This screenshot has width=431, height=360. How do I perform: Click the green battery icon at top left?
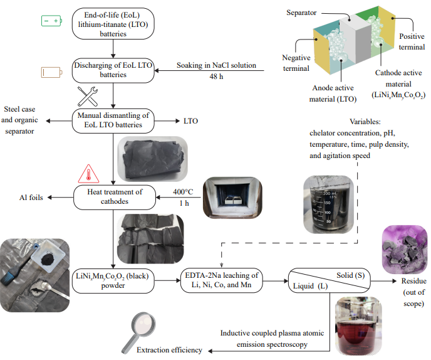pyautogui.click(x=51, y=21)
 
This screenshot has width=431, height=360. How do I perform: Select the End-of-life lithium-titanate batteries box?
pyautogui.click(x=113, y=24)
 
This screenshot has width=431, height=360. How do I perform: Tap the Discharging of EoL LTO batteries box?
pyautogui.click(x=113, y=70)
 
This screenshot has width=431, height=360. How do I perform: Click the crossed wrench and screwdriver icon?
pyautogui.click(x=89, y=96)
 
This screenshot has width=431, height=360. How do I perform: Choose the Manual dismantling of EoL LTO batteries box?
pyautogui.click(x=113, y=119)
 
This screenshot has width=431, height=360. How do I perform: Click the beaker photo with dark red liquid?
pyautogui.click(x=357, y=322)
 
